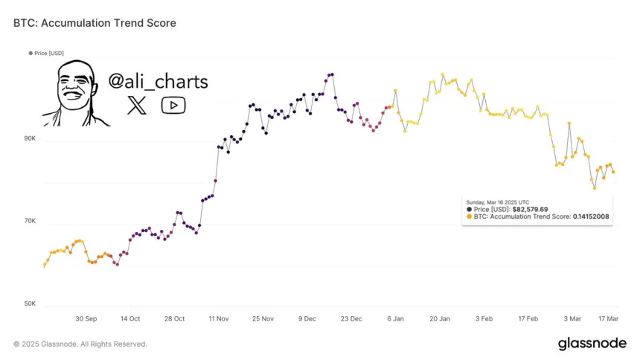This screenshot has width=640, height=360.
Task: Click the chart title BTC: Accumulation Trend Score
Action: click(95, 23)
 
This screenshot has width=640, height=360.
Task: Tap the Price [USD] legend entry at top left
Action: click(47, 53)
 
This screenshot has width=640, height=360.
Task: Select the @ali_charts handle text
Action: click(158, 82)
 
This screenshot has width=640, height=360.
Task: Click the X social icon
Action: click(137, 106)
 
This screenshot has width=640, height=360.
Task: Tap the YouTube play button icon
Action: click(173, 106)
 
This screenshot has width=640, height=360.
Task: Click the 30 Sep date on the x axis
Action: click(86, 318)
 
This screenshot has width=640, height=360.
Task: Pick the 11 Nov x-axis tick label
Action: click(219, 318)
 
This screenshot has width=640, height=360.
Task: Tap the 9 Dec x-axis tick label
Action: click(307, 318)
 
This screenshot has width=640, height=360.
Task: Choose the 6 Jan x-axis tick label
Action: click(395, 318)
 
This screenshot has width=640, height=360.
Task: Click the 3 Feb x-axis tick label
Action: click(484, 318)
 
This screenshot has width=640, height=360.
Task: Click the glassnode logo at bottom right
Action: click(592, 343)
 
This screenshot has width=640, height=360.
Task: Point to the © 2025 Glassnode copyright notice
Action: click(80, 344)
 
